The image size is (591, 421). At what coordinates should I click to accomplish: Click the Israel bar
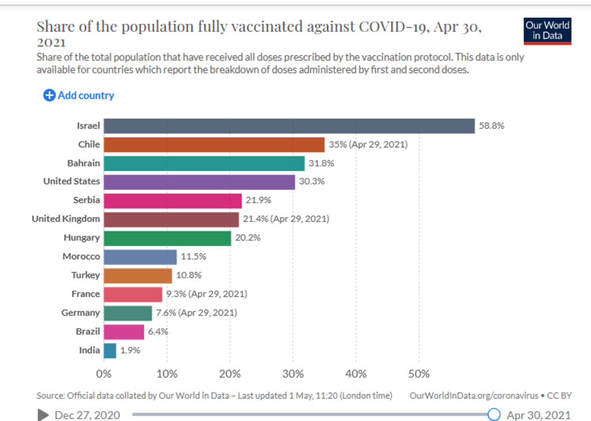pyautogui.click(x=289, y=125)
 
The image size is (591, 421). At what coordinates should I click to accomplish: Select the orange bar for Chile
pyautogui.click(x=214, y=145)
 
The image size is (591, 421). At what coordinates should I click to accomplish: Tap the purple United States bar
pyautogui.click(x=199, y=182)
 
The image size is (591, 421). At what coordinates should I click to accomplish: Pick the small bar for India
pyautogui.click(x=110, y=350)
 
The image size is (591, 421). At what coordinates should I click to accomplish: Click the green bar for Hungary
pyautogui.click(x=168, y=238)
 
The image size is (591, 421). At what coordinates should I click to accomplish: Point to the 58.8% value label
pyautogui.click(x=492, y=125)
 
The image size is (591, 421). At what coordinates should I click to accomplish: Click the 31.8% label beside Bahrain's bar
pyautogui.click(x=321, y=163)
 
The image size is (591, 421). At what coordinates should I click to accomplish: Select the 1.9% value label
pyautogui.click(x=131, y=350)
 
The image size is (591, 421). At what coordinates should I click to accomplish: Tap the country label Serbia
pyautogui.click(x=87, y=200)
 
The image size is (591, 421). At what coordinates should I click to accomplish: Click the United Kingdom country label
pyautogui.click(x=66, y=219)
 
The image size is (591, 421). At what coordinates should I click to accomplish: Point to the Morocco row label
pyautogui.click(x=81, y=256)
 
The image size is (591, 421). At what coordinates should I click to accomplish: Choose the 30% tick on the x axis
pyautogui.click(x=293, y=374)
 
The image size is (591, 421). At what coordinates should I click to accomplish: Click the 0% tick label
pyautogui.click(x=104, y=374)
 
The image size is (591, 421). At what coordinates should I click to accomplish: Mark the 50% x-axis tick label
pyautogui.click(x=419, y=374)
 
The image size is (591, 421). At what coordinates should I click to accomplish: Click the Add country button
pyautogui.click(x=79, y=95)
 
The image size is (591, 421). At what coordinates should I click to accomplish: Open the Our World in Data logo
pyautogui.click(x=547, y=31)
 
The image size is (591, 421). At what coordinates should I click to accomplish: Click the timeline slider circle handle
pyautogui.click(x=494, y=414)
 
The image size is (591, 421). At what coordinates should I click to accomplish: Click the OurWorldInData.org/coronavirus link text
pyautogui.click(x=474, y=396)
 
